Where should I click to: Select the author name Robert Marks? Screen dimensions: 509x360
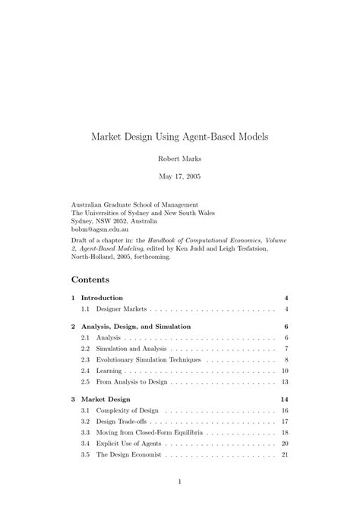180,160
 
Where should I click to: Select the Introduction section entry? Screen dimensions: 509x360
102,298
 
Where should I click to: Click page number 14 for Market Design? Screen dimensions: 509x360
284,399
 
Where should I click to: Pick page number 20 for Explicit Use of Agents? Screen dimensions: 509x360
284,443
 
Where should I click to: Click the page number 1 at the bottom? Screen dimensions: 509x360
180,482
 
